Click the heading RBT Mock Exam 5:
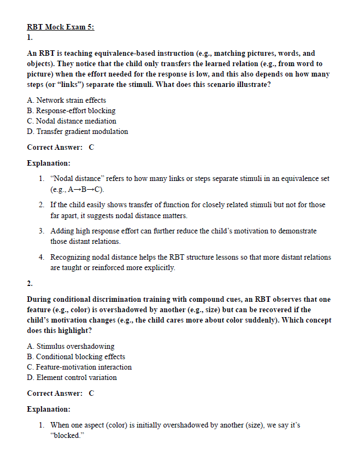coord(60,27)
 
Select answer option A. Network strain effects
coord(66,100)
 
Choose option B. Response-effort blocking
coord(71,110)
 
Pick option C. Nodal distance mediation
coord(71,121)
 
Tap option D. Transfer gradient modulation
coord(77,131)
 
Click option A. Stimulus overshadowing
coord(70,346)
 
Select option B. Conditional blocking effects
coord(76,356)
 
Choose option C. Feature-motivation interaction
coord(79,367)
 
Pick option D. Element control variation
coord(72,377)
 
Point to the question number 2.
coord(29,283)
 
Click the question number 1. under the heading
coord(29,38)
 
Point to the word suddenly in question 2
coord(235,320)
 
